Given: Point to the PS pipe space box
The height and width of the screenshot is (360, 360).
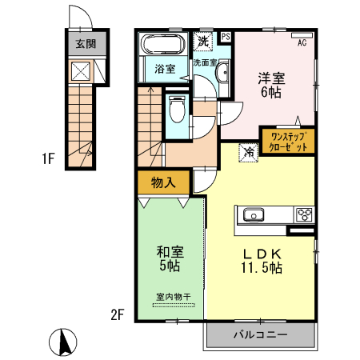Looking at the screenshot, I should pyautogui.click(x=226, y=37).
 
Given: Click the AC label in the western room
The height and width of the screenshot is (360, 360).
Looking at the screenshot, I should pyautogui.click(x=302, y=43).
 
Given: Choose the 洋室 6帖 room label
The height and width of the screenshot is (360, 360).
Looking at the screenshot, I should pyautogui.click(x=270, y=86).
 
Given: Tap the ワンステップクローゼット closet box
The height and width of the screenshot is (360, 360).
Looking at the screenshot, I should pyautogui.click(x=287, y=142).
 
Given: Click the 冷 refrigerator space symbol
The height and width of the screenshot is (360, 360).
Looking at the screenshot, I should pyautogui.click(x=249, y=150).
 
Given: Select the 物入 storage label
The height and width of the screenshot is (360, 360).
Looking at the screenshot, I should pyautogui.click(x=163, y=182).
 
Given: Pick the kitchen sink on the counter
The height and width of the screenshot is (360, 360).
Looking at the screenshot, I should pyautogui.click(x=254, y=215).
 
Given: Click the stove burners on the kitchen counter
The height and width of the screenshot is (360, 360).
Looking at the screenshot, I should pyautogui.click(x=304, y=214).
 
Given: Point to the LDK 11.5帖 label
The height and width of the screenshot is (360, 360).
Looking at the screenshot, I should pyautogui.click(x=262, y=261).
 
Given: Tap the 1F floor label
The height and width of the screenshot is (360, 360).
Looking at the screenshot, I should pyautogui.click(x=48, y=158).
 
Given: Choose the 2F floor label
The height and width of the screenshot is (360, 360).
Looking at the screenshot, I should pyautogui.click(x=117, y=314).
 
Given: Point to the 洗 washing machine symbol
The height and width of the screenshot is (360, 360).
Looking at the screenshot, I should pyautogui.click(x=203, y=40).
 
